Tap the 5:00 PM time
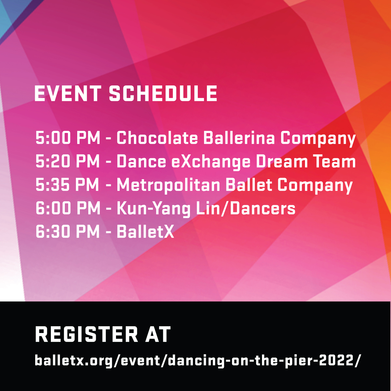tap(68, 138)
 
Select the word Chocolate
tap(157, 138)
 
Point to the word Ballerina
tap(239, 138)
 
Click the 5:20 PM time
tap(68, 161)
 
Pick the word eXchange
tap(211, 162)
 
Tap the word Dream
tap(282, 161)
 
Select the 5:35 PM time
tap(67, 185)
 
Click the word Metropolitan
tap(168, 186)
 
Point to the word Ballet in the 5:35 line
tap(249, 185)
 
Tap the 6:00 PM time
tap(68, 208)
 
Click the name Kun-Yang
tap(153, 209)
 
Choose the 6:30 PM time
tap(68, 232)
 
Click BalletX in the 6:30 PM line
tap(145, 232)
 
